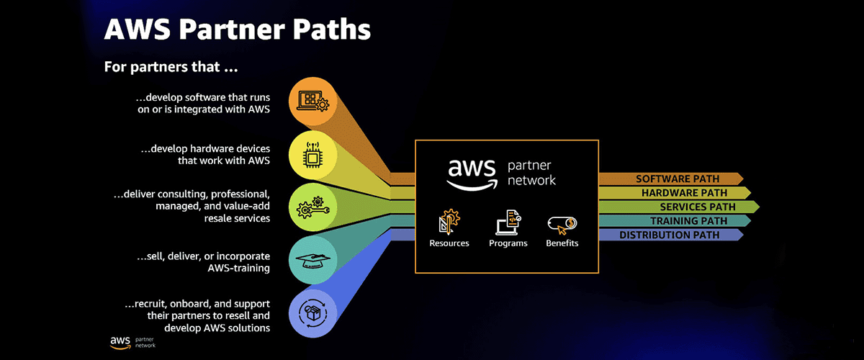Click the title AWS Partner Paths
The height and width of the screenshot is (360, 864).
tap(238, 30)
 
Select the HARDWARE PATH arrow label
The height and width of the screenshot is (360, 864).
tap(684, 193)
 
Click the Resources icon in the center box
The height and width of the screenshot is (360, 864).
tap(449, 222)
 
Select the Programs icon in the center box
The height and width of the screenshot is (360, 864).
tap(508, 222)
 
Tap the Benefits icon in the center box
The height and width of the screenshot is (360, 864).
tap(562, 224)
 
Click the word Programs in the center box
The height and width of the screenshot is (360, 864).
tap(508, 243)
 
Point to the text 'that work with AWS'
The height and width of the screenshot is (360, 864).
tap(224, 161)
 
